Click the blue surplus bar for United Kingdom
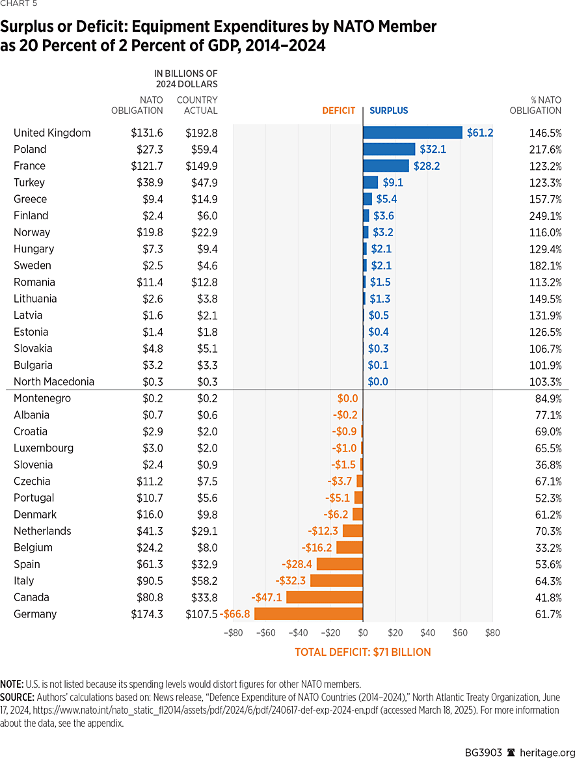(x=412, y=133)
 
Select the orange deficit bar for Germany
(x=308, y=614)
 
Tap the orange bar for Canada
(x=324, y=597)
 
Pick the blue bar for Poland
(x=388, y=149)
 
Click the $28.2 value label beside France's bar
(x=427, y=166)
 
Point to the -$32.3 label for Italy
(x=291, y=580)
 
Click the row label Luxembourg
(x=44, y=448)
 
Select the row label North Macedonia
(x=54, y=381)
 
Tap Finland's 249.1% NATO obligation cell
(x=544, y=215)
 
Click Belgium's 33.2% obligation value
(x=544, y=547)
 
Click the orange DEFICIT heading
(x=339, y=111)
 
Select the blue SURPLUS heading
(x=389, y=111)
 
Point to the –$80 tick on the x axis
(x=233, y=632)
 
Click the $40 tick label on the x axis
(x=427, y=632)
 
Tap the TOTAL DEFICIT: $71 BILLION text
(x=362, y=652)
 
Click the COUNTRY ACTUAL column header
(x=197, y=105)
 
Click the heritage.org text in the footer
(x=540, y=752)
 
